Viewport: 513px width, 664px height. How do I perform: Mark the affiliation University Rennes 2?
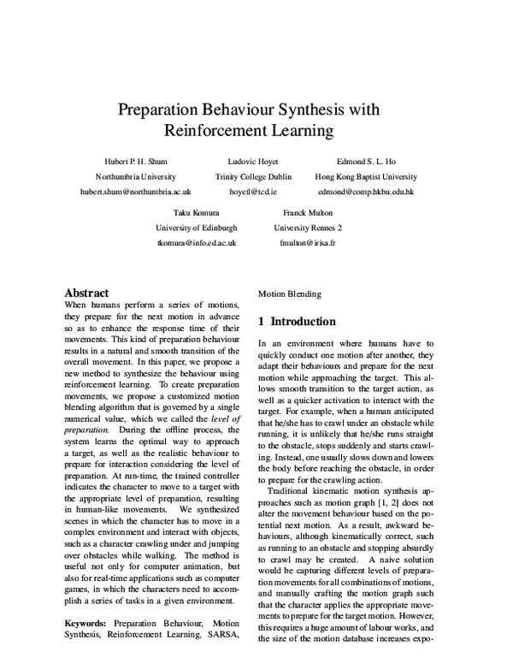[308, 228]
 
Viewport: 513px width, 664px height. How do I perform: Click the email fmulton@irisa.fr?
[308, 244]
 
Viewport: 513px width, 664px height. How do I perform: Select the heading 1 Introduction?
[297, 322]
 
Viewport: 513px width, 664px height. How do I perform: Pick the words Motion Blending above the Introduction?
[290, 293]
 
